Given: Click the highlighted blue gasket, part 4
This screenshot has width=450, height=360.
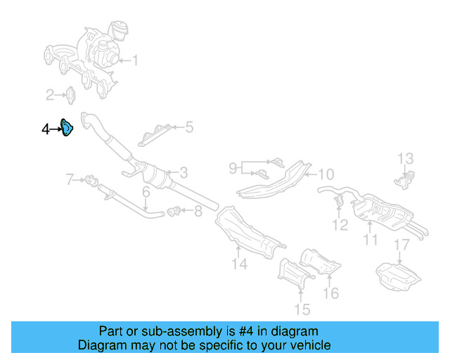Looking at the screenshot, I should click(67, 129).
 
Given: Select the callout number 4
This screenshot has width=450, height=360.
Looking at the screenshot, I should click(46, 129).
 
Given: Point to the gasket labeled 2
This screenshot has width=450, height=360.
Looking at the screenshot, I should click(71, 94).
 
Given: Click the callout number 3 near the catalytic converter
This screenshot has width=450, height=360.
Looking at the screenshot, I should click(183, 172).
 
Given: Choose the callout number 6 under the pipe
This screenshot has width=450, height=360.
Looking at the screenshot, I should click(146, 192).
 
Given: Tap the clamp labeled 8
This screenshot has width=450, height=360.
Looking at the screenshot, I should click(176, 209).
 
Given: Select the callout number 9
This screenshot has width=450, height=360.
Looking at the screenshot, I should click(233, 168).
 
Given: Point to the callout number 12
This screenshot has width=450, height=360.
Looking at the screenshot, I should click(340, 225).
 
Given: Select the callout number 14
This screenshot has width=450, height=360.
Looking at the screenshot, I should click(240, 264).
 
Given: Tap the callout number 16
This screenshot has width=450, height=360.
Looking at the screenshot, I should click(330, 293).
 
